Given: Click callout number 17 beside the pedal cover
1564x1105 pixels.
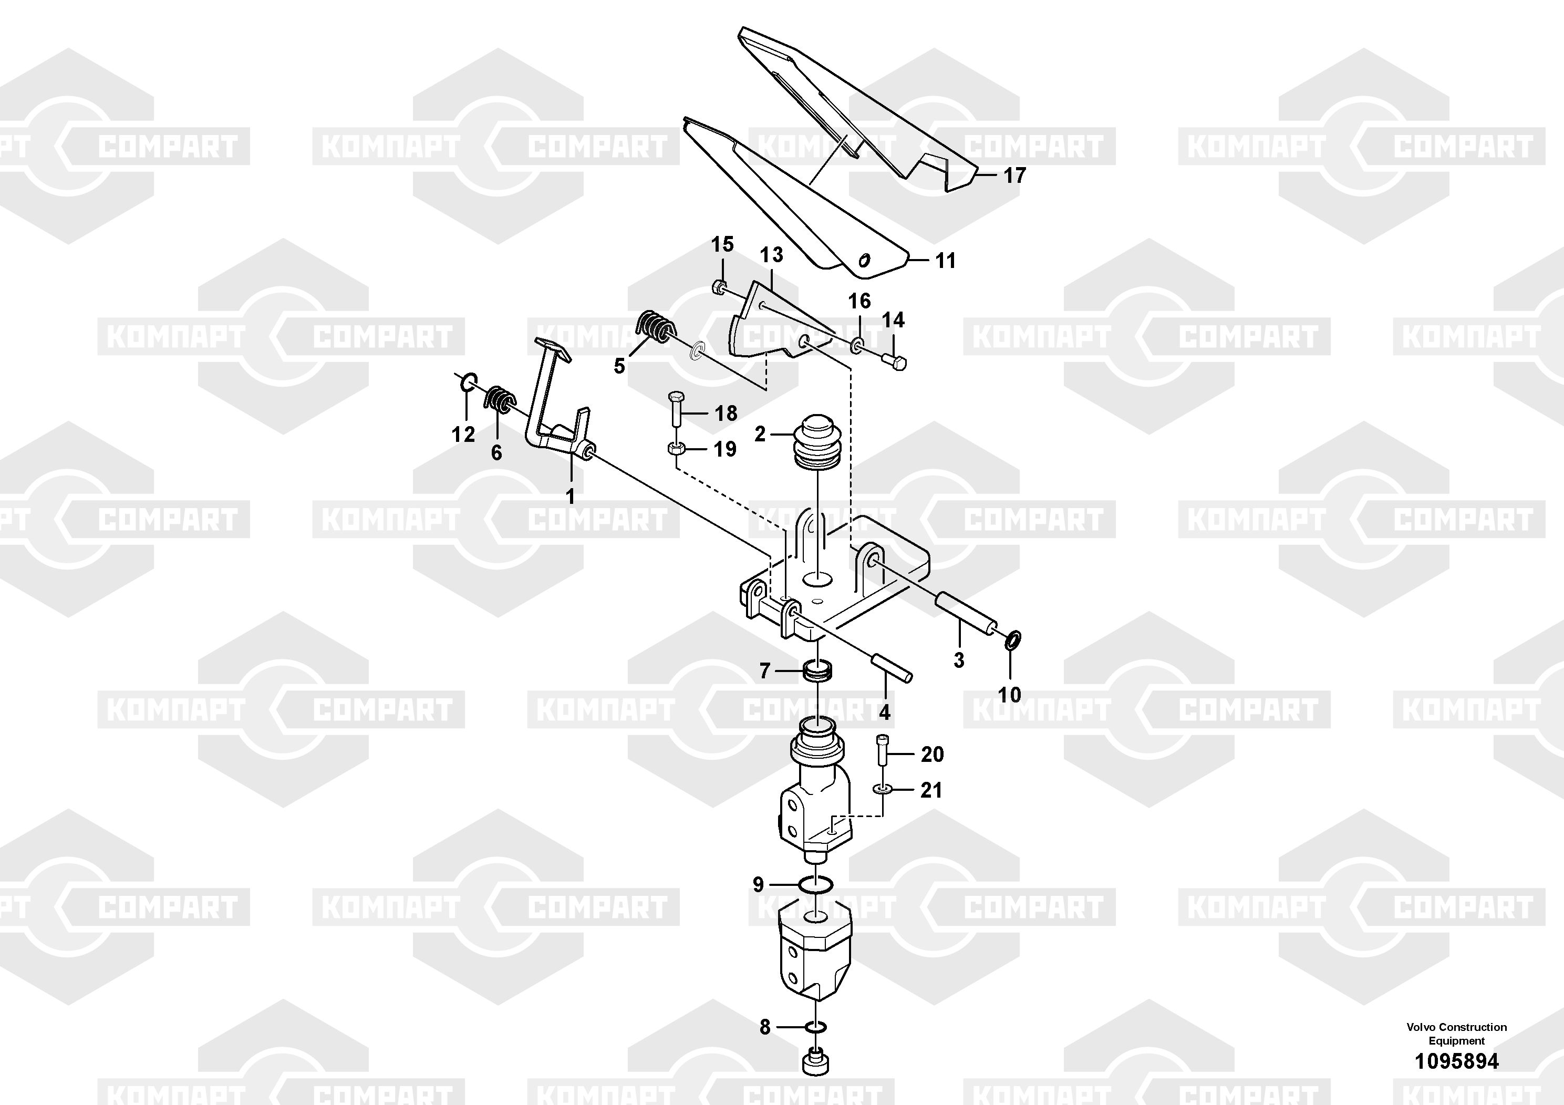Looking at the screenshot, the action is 1014,176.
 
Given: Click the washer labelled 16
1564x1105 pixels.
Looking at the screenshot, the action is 857,345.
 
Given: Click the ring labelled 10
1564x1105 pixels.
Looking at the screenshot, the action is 1013,639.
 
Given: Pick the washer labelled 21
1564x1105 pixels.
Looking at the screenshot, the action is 883,789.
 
